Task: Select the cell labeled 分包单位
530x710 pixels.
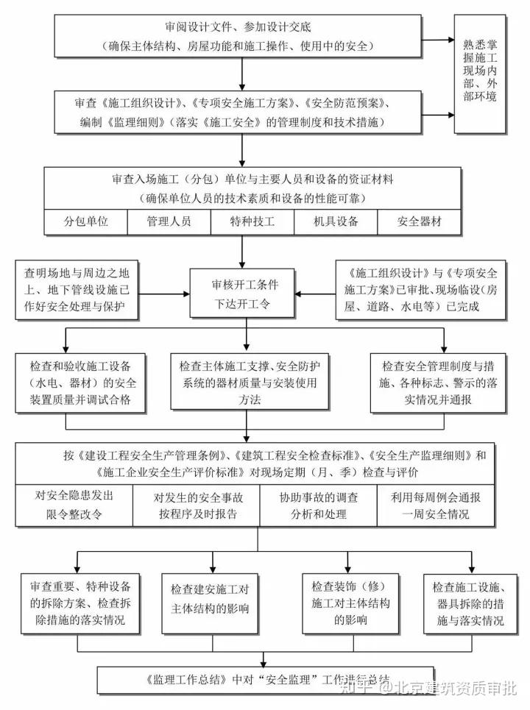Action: pyautogui.click(x=86, y=221)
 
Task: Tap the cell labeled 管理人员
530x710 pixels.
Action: pyautogui.click(x=169, y=221)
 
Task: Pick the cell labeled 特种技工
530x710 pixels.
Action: pyautogui.click(x=252, y=221)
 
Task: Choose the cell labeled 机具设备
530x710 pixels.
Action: pyautogui.click(x=336, y=221)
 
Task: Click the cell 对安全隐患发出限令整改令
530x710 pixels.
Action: pyautogui.click(x=74, y=505)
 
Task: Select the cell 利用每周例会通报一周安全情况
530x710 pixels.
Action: pyautogui.click(x=437, y=505)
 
